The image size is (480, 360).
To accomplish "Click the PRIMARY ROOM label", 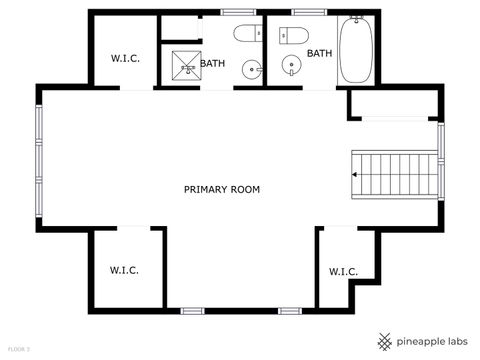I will [x=222, y=189].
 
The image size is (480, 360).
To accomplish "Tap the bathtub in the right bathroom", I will [x=355, y=53].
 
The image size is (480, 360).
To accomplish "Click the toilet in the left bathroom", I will [x=246, y=35].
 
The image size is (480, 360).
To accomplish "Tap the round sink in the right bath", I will [x=292, y=68].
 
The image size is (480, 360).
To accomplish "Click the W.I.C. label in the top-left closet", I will [x=124, y=58].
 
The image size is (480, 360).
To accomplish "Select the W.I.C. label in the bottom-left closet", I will [x=124, y=270].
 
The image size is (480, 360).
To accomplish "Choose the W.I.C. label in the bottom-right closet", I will [x=343, y=272].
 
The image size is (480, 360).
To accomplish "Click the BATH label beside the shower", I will [x=212, y=64].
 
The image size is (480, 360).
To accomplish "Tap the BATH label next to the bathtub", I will [x=320, y=53].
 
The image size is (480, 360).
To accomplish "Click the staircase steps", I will [x=396, y=173].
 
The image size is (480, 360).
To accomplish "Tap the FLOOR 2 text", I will [x=19, y=348].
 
